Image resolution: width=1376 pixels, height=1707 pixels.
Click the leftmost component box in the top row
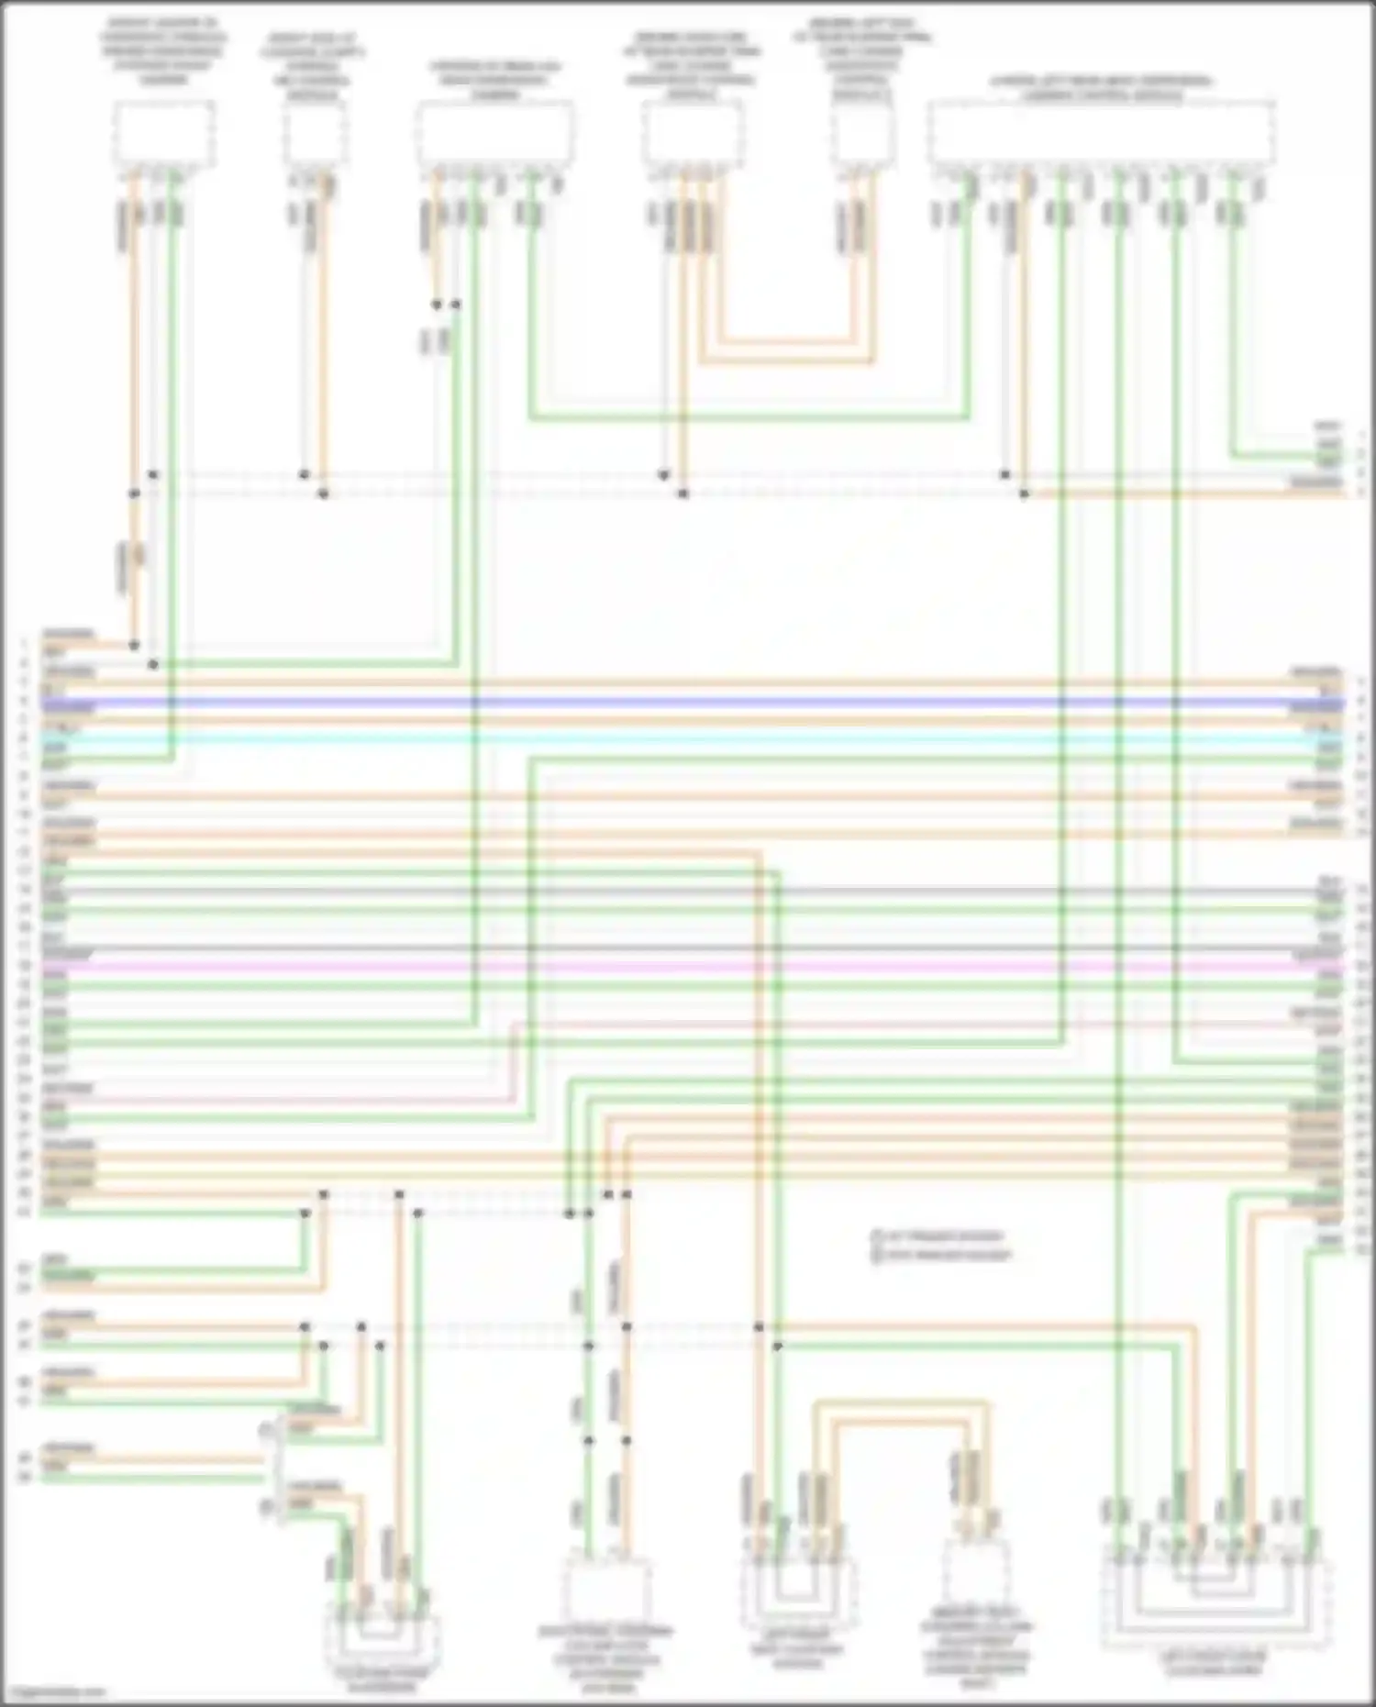click(x=164, y=134)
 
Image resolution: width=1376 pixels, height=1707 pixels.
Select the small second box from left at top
click(x=314, y=134)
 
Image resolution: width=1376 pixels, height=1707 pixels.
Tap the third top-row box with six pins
click(x=495, y=134)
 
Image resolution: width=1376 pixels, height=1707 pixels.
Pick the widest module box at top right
click(x=1101, y=134)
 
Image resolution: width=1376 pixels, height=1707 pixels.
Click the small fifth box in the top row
click(x=863, y=134)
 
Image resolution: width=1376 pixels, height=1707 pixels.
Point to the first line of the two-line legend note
click(x=942, y=1236)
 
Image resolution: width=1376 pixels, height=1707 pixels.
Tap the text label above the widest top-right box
click(x=1101, y=87)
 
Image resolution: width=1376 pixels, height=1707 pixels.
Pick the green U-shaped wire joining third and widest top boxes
click(x=748, y=418)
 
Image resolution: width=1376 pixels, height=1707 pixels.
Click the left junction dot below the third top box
click(x=438, y=304)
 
